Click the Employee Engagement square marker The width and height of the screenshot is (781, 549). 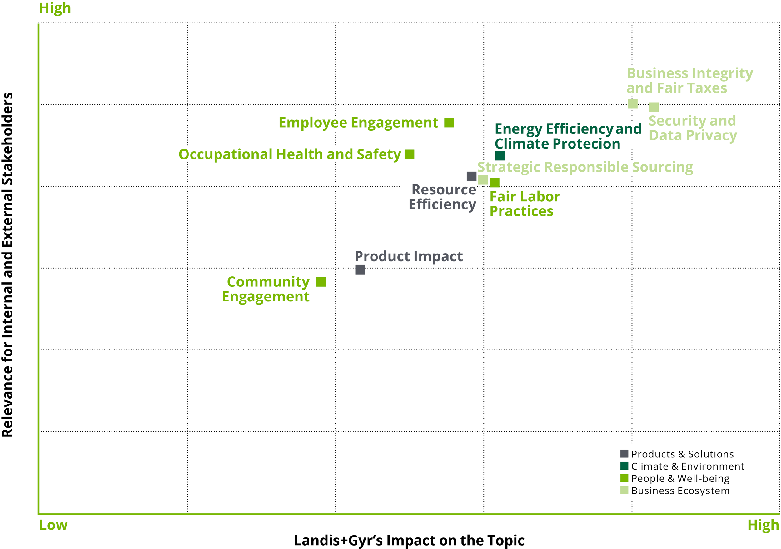(449, 123)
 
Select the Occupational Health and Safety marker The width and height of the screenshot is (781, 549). (410, 154)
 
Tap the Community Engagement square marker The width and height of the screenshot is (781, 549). (321, 282)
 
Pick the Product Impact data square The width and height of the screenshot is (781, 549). (360, 269)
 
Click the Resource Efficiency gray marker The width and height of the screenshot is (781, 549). (471, 176)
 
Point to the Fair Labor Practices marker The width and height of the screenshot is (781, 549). (495, 183)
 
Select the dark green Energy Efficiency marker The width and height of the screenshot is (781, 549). (500, 156)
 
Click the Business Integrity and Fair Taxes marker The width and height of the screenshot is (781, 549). (633, 103)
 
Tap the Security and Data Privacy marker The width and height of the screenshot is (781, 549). (654, 107)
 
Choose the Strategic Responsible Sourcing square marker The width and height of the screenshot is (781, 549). (483, 180)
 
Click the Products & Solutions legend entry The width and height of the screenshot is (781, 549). (677, 454)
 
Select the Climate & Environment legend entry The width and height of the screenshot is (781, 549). (682, 466)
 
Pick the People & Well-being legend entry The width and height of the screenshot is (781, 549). (675, 479)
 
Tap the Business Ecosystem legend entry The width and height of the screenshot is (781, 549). (675, 491)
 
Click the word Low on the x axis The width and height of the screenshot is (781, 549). (53, 525)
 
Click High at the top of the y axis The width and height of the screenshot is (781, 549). (55, 8)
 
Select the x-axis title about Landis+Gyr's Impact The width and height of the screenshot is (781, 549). (409, 541)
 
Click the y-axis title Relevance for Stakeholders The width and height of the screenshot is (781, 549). (7, 265)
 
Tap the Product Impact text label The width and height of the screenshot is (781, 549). (409, 256)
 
